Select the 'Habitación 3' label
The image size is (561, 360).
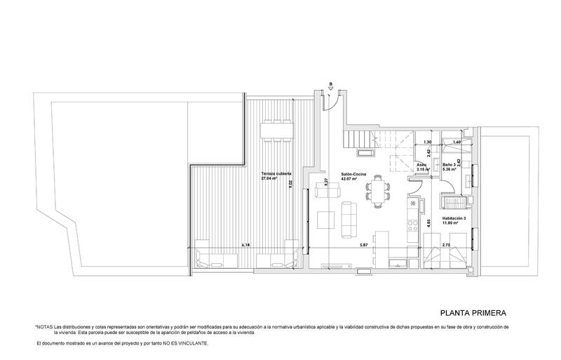pos(456,218)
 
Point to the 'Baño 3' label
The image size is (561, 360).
pos(450,164)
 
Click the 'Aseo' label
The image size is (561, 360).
pos(421,164)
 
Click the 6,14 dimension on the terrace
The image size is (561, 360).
pos(245,246)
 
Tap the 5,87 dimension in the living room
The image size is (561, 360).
pos(364,246)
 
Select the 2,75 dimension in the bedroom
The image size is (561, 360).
pos(445,246)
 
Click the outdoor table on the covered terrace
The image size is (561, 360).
pos(276,130)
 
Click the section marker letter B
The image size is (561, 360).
pos(330,85)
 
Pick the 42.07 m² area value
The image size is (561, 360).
pos(350,179)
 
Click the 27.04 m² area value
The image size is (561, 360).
pos(270,179)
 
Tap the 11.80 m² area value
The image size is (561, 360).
pos(452,225)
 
